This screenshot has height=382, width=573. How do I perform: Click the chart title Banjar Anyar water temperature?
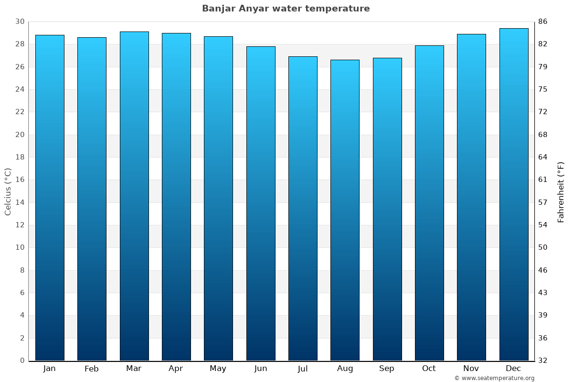pyautogui.click(x=286, y=9)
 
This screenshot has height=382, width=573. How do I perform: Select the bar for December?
pyautogui.click(x=514, y=194)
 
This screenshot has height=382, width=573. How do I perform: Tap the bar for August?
pyautogui.click(x=345, y=210)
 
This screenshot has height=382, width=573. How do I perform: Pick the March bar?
pyautogui.click(x=134, y=196)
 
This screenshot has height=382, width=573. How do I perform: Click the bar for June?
pyautogui.click(x=261, y=203)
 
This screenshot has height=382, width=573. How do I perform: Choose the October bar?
pyautogui.click(x=429, y=203)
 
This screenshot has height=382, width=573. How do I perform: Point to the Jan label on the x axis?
pyautogui.click(x=50, y=369)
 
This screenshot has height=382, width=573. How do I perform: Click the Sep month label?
pyautogui.click(x=387, y=369)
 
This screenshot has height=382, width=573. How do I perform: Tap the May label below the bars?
pyautogui.click(x=218, y=369)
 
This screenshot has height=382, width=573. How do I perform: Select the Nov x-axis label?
pyautogui.click(x=471, y=369)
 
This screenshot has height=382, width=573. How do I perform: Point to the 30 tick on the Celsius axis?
pyautogui.click(x=20, y=21)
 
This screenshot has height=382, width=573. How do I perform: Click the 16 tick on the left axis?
pyautogui.click(x=20, y=180)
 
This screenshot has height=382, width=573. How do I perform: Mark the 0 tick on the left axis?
pyautogui.click(x=22, y=361)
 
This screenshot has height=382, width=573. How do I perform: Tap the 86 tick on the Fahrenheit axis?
pyautogui.click(x=543, y=21)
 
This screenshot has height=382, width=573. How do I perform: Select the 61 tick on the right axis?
pyautogui.click(x=543, y=180)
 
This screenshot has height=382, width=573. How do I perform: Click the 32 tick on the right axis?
pyautogui.click(x=543, y=361)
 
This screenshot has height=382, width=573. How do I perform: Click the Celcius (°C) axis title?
pyautogui.click(x=8, y=191)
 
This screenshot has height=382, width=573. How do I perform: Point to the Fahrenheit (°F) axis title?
pyautogui.click(x=561, y=191)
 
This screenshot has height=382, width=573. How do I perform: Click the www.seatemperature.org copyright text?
pyautogui.click(x=494, y=378)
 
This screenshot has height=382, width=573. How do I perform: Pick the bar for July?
pyautogui.click(x=303, y=208)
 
